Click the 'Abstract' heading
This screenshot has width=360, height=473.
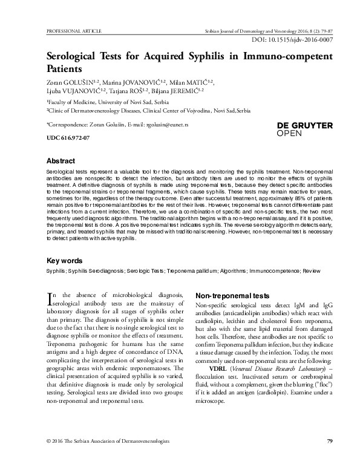click(61, 162)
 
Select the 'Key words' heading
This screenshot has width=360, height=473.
click(65, 261)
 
